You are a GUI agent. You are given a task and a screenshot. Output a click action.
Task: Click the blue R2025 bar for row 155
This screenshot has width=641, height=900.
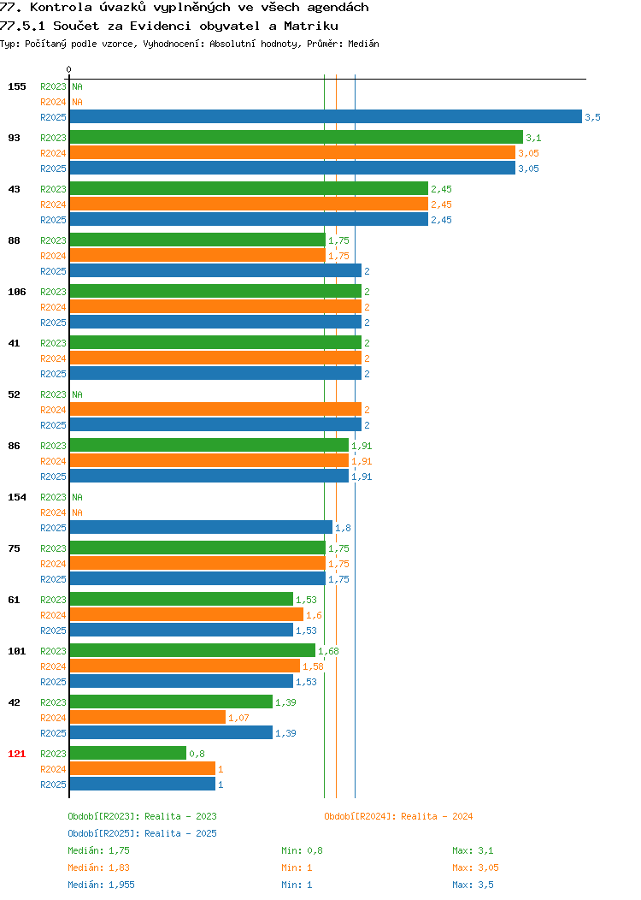(326, 116)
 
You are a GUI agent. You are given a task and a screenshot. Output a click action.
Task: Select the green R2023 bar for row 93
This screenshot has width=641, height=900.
(297, 137)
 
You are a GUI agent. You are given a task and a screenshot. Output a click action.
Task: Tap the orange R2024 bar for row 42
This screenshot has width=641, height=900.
(148, 718)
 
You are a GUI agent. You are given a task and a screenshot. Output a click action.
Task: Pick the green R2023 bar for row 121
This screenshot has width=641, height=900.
(128, 753)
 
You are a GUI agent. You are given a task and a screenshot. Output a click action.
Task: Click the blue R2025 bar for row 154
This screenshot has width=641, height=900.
(201, 528)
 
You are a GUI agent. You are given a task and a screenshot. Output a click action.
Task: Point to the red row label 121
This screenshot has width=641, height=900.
(16, 754)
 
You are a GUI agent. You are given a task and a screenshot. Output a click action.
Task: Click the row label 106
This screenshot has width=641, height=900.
(16, 292)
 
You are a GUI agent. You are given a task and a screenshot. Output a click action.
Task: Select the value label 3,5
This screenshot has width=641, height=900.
(593, 117)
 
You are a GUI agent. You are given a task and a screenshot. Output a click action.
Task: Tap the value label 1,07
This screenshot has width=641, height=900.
(238, 718)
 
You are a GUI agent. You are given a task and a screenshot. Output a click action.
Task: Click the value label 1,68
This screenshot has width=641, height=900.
(328, 651)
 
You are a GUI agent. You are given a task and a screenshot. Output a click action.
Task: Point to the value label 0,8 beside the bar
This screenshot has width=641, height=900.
(197, 754)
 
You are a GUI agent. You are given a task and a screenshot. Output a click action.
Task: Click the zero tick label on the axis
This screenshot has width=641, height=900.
(69, 69)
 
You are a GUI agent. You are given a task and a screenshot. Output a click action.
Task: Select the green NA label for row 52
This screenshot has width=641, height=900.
(78, 394)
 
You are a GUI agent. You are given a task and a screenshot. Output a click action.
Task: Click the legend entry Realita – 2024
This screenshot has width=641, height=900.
(398, 816)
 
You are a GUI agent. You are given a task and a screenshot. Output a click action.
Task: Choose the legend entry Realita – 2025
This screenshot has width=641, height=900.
(142, 833)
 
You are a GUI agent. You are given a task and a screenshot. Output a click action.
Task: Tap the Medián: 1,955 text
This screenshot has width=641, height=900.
(102, 885)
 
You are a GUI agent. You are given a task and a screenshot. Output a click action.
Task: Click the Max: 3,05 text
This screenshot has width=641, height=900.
(475, 867)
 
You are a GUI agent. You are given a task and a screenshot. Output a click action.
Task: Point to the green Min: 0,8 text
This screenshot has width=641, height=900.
(303, 850)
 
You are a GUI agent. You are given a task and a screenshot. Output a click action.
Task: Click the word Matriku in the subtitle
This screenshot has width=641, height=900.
(311, 26)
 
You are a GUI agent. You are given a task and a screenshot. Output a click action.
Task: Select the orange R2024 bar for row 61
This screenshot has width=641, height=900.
(186, 615)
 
